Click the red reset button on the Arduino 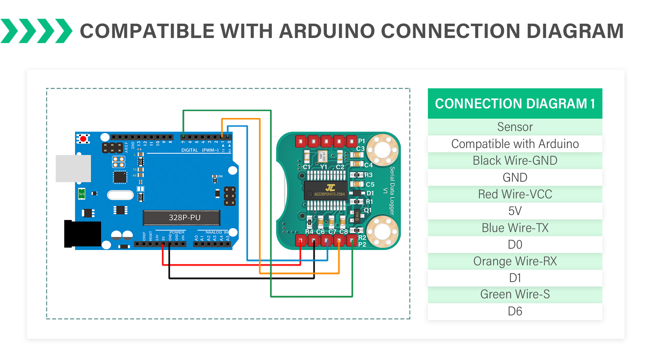click(83, 138)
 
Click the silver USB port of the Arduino click(73, 168)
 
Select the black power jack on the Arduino click(83, 234)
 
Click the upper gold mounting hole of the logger click(382, 149)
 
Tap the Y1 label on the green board click(323, 167)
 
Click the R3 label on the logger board click(369, 175)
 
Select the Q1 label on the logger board click(368, 210)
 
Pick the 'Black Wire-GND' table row click(515, 161)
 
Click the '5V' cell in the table click(515, 211)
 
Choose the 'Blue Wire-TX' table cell click(515, 228)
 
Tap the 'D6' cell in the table click(515, 311)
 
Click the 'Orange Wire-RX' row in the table click(515, 261)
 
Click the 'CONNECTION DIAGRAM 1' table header click(515, 104)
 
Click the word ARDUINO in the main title click(327, 31)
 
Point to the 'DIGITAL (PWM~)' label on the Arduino click(200, 150)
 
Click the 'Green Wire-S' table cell click(515, 294)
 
